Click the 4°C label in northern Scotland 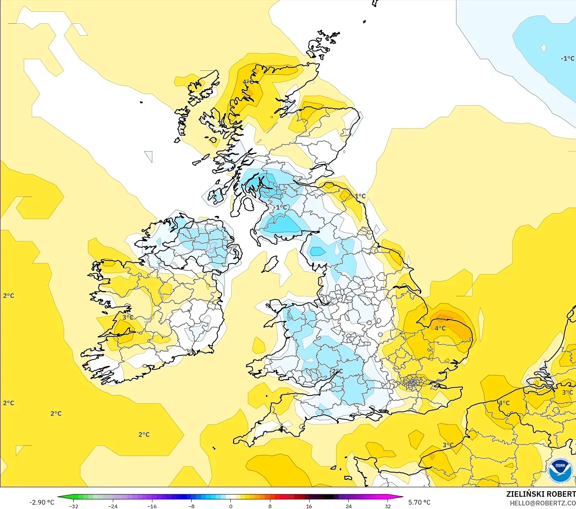[x=248, y=82]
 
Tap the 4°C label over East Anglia [x=440, y=328]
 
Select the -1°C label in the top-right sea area [x=567, y=59]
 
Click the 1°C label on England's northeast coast [x=360, y=196]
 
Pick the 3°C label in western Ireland [x=127, y=317]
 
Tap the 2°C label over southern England [x=337, y=371]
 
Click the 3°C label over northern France [x=448, y=445]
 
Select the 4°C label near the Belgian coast [x=504, y=403]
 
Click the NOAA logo [x=560, y=471]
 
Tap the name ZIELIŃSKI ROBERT [x=541, y=494]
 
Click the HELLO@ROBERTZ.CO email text [x=542, y=503]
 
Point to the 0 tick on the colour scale [x=231, y=506]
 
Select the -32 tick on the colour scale [x=73, y=506]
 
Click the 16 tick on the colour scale [x=309, y=506]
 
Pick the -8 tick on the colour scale [x=191, y=506]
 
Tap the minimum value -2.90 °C [x=42, y=502]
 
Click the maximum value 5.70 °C [x=419, y=502]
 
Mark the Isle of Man [x=271, y=264]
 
